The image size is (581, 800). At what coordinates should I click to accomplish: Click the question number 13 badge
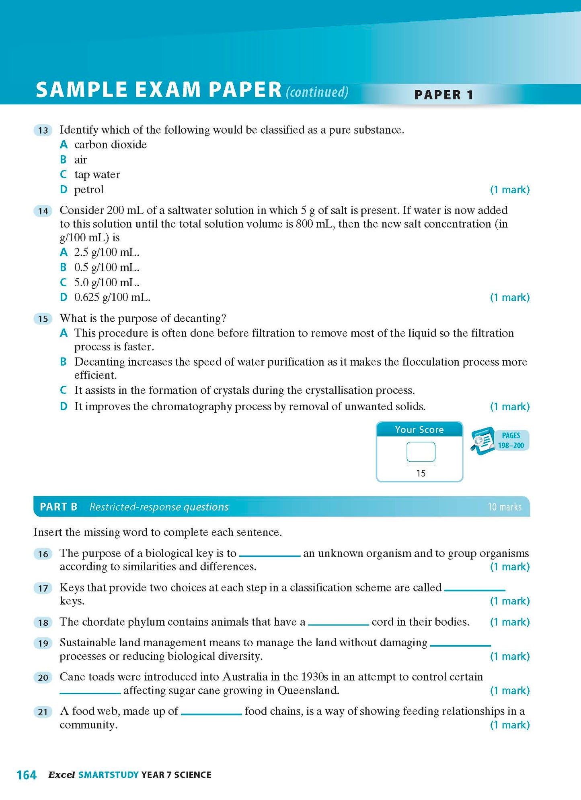[43, 130]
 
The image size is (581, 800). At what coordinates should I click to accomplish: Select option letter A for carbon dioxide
[64, 145]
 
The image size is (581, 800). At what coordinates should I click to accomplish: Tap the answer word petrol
[89, 190]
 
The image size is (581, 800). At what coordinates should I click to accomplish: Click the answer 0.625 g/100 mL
[112, 298]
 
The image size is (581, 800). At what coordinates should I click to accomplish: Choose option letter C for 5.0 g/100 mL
[64, 283]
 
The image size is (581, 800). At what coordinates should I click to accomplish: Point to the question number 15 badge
[43, 319]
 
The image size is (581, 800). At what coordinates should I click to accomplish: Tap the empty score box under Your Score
[421, 452]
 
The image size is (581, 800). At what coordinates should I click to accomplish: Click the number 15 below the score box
[421, 473]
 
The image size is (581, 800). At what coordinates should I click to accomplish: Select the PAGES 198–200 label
[511, 440]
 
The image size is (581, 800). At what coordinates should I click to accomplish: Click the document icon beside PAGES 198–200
[483, 441]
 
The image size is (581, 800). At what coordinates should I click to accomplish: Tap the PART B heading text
[59, 507]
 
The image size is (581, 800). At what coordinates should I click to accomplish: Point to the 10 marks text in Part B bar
[504, 507]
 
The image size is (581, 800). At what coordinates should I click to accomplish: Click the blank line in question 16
[270, 555]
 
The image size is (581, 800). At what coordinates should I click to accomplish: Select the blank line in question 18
[338, 624]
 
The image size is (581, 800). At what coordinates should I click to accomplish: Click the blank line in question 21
[211, 713]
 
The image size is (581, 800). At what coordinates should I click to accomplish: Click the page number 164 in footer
[27, 775]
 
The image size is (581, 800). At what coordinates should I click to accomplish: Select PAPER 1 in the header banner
[443, 95]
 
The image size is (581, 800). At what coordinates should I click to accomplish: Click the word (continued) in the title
[317, 92]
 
